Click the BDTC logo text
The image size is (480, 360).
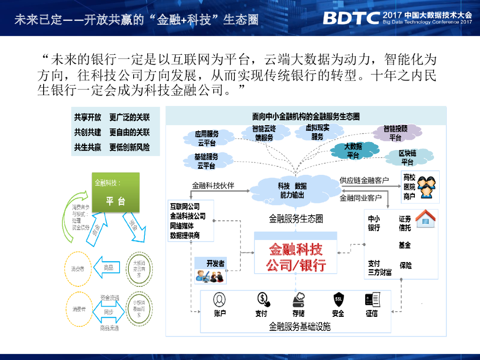click(351, 18)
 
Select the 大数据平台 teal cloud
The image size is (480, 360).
click(352, 151)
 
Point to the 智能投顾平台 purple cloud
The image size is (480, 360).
click(395, 133)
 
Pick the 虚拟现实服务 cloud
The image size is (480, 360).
click(317, 132)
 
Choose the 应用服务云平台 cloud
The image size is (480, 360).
click(207, 138)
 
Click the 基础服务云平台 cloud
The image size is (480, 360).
click(206, 161)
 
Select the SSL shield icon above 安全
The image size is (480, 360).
click(338, 299)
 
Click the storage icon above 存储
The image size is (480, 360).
click(299, 299)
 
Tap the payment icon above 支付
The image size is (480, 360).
click(262, 299)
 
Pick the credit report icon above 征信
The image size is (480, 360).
click(372, 299)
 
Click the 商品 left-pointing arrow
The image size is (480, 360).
click(106, 268)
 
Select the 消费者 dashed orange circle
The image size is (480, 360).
click(78, 269)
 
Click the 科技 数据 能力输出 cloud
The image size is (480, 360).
click(292, 190)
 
